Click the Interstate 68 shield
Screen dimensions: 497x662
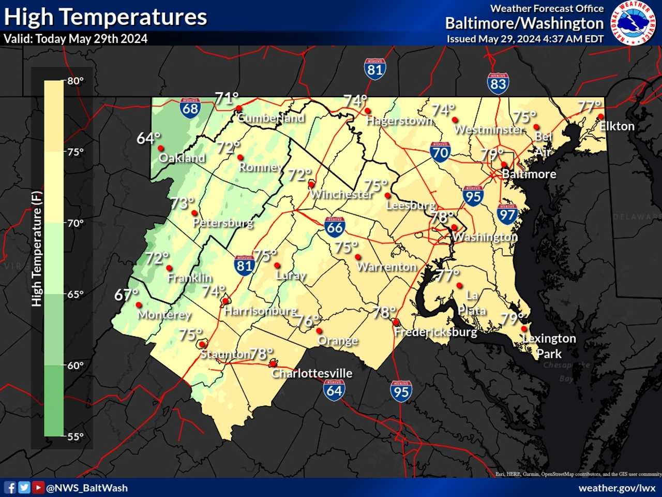[x=190, y=108]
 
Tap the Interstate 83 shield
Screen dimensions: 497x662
[x=498, y=83]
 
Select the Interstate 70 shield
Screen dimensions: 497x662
[x=440, y=152]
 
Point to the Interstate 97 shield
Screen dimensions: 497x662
[x=507, y=214]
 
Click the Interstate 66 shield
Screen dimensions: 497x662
[x=335, y=226]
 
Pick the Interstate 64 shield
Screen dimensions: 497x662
[x=334, y=389]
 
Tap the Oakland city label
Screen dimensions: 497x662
[x=182, y=158]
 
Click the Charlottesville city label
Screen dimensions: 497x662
[x=312, y=373]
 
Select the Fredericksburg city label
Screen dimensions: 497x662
[x=435, y=332]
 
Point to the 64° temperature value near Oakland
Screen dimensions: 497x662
[x=148, y=138]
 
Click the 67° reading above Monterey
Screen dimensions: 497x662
[x=126, y=295]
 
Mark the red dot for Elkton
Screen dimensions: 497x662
[x=600, y=116]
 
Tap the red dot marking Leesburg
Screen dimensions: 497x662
[x=387, y=195]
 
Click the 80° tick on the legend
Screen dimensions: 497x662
[x=75, y=81]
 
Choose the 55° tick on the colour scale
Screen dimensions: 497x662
[x=75, y=436]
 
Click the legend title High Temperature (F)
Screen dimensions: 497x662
[x=36, y=248]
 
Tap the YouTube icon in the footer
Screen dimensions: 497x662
[x=38, y=488]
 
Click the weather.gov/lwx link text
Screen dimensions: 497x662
[x=617, y=488]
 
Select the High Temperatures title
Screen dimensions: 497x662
[x=106, y=17]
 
